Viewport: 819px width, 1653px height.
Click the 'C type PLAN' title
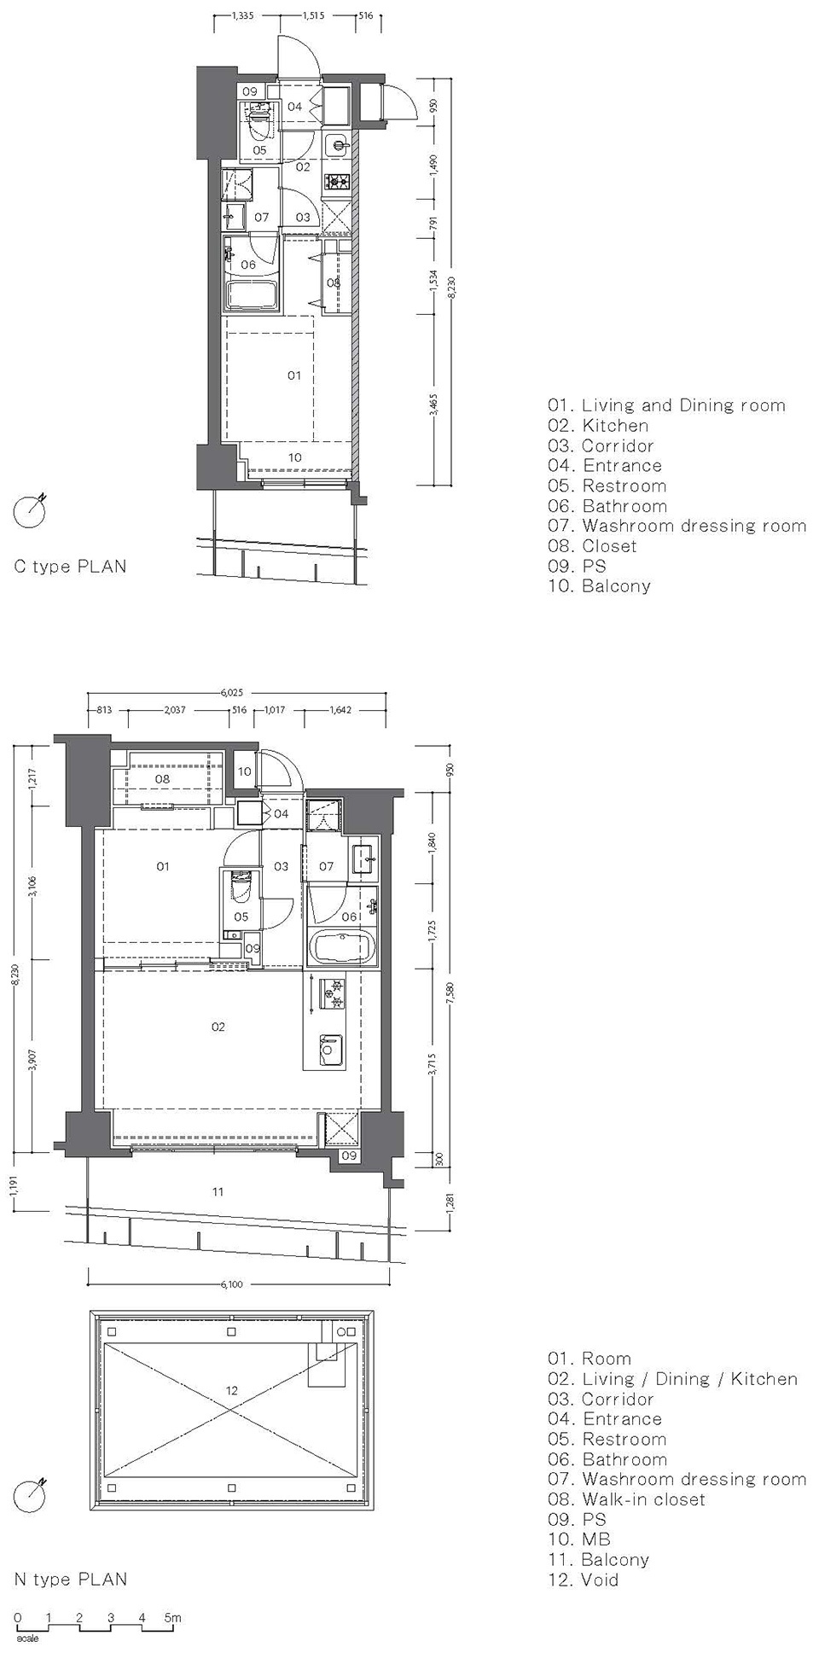click(x=70, y=567)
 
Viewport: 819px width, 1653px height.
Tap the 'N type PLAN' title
click(x=71, y=1580)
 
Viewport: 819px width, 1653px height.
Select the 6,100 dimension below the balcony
click(x=231, y=1284)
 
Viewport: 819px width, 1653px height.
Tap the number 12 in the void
click(x=232, y=1391)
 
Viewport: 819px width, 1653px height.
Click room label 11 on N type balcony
click(x=218, y=1191)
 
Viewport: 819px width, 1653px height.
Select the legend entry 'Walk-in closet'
click(x=643, y=1499)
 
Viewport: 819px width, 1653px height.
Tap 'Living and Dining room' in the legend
click(x=683, y=405)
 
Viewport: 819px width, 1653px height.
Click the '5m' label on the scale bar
click(x=173, y=1617)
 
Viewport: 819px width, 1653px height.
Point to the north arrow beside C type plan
click(x=29, y=509)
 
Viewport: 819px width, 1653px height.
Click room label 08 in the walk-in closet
click(x=162, y=779)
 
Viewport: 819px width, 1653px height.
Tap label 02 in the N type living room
click(x=218, y=1027)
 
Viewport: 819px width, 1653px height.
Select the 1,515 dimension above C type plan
click(x=312, y=15)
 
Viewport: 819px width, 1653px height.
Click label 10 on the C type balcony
click(x=294, y=457)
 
